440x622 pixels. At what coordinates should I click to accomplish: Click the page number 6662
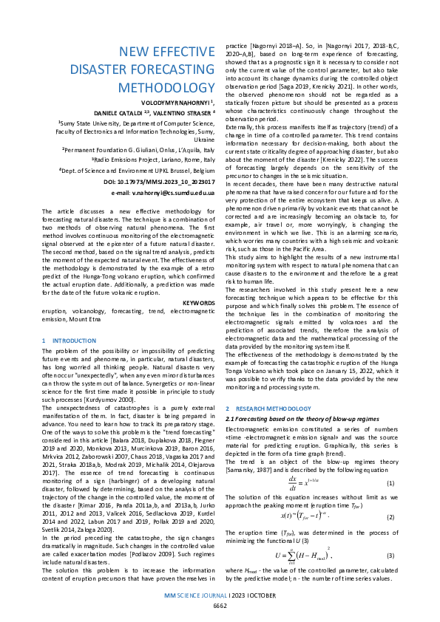click(x=220, y=605)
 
